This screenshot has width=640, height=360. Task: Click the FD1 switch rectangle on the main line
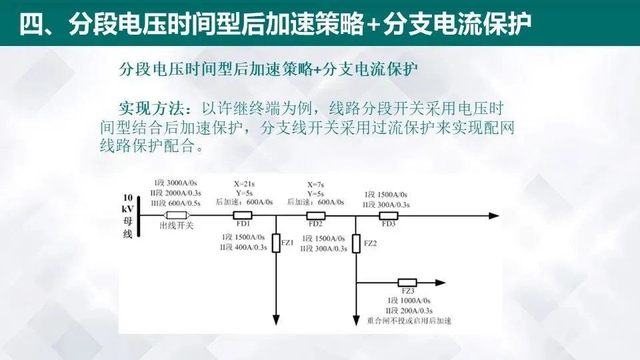(242, 215)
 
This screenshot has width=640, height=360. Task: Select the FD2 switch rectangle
(315, 215)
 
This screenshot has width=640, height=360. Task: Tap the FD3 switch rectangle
(388, 215)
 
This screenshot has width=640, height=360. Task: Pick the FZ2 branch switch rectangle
(357, 243)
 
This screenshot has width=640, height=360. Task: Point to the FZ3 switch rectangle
(407, 283)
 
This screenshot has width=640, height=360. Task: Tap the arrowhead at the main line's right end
(493, 215)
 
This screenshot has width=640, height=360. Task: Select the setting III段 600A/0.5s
(177, 203)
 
